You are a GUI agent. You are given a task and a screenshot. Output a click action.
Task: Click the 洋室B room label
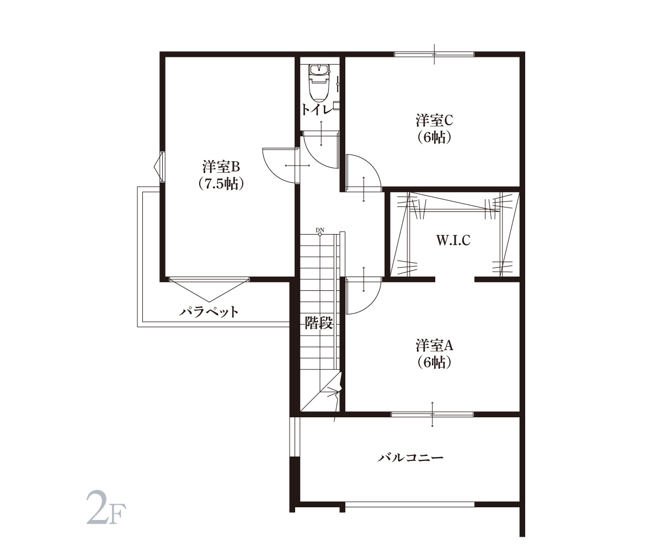click(x=221, y=166)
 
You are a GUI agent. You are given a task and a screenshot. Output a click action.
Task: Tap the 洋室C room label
click(x=434, y=120)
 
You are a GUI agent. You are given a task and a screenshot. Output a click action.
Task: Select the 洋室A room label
click(x=434, y=345)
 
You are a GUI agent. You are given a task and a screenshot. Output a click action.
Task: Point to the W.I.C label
click(x=453, y=241)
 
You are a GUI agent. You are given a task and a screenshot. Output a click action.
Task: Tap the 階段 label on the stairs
click(x=319, y=322)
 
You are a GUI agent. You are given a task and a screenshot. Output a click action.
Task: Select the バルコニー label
click(x=410, y=458)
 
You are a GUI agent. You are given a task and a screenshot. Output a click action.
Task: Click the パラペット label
click(x=209, y=312)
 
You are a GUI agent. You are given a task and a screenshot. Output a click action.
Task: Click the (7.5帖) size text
click(x=221, y=184)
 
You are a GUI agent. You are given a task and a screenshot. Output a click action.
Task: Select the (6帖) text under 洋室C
click(x=434, y=137)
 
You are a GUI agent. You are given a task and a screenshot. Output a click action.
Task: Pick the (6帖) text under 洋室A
click(x=434, y=362)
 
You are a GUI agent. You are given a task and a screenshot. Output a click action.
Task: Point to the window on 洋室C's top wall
click(x=434, y=54)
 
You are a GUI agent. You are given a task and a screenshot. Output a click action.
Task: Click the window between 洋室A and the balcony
click(x=432, y=414)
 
